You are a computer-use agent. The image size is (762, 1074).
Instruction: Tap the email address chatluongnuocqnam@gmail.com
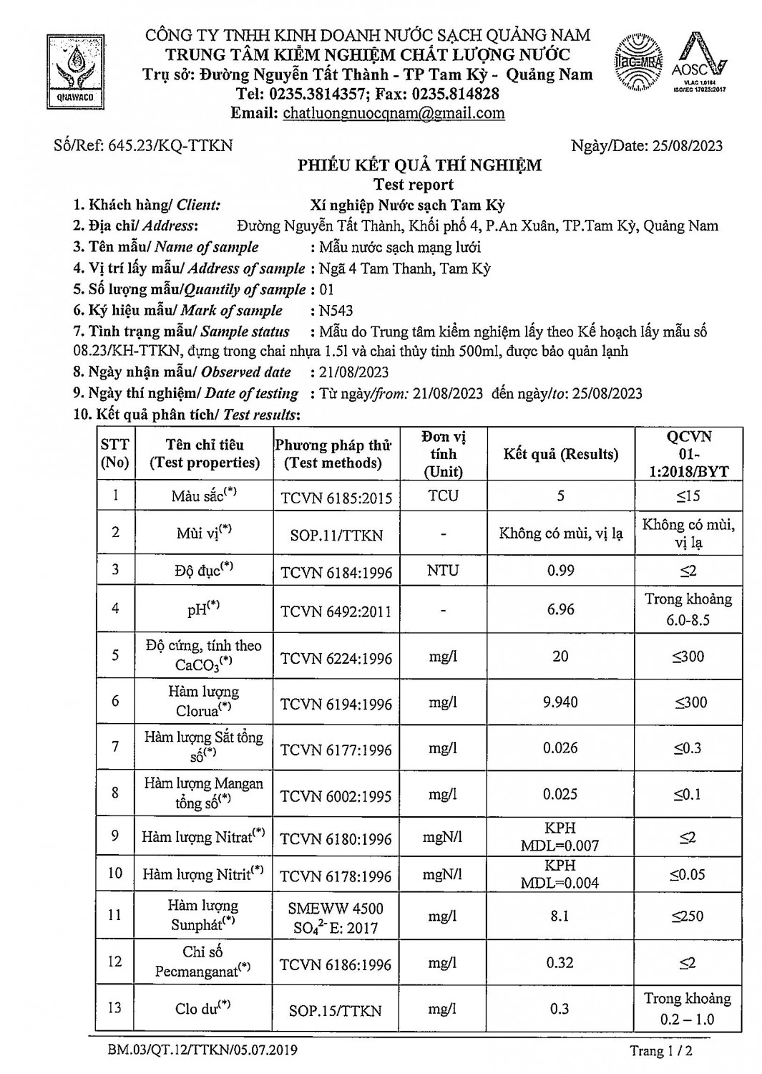tap(394, 113)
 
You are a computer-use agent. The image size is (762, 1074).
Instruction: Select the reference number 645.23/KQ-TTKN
tap(170, 145)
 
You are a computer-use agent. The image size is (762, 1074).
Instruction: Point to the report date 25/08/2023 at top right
tap(687, 146)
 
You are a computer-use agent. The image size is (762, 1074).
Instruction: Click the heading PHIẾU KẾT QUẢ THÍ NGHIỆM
tap(419, 165)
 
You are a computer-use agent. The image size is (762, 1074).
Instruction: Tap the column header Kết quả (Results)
tap(560, 454)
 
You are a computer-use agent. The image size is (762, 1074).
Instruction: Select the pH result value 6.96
tap(560, 609)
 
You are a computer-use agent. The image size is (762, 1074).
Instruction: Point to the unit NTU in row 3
tap(443, 571)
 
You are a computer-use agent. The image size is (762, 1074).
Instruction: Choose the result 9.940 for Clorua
tap(560, 702)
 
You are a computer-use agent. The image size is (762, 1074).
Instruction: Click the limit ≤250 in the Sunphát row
tap(688, 916)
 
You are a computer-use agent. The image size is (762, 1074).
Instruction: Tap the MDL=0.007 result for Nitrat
tap(560, 846)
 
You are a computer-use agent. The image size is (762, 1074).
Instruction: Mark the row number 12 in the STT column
tap(115, 962)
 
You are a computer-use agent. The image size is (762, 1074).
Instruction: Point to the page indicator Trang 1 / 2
tap(661, 1051)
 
